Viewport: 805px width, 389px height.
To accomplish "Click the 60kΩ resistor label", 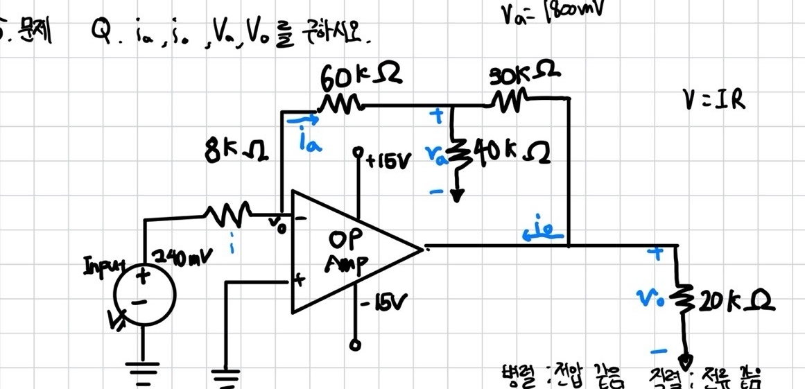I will [x=361, y=76].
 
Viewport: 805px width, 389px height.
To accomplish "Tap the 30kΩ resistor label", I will [x=525, y=74].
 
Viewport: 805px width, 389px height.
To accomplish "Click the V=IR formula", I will [x=714, y=101].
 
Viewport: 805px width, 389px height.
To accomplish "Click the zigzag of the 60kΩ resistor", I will [x=340, y=105].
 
